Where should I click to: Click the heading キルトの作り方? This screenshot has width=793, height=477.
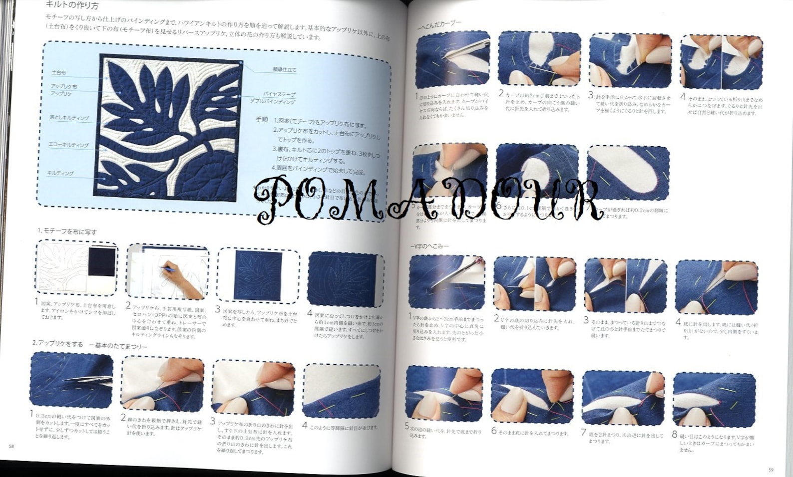pyautogui.click(x=72, y=5)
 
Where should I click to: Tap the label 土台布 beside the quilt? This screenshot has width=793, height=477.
pyautogui.click(x=59, y=73)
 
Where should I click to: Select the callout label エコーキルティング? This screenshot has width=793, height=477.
pyautogui.click(x=68, y=145)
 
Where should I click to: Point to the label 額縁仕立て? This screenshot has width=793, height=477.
pyautogui.click(x=284, y=70)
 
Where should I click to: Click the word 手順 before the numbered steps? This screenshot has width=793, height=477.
pyautogui.click(x=262, y=120)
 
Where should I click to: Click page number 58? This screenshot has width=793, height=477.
pyautogui.click(x=11, y=446)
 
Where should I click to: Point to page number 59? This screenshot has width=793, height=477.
pyautogui.click(x=771, y=469)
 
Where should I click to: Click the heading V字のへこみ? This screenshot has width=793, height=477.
pyautogui.click(x=431, y=246)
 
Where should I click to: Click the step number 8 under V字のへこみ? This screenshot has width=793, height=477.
pyautogui.click(x=675, y=434)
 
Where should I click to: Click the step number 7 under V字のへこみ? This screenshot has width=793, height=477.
pyautogui.click(x=583, y=433)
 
